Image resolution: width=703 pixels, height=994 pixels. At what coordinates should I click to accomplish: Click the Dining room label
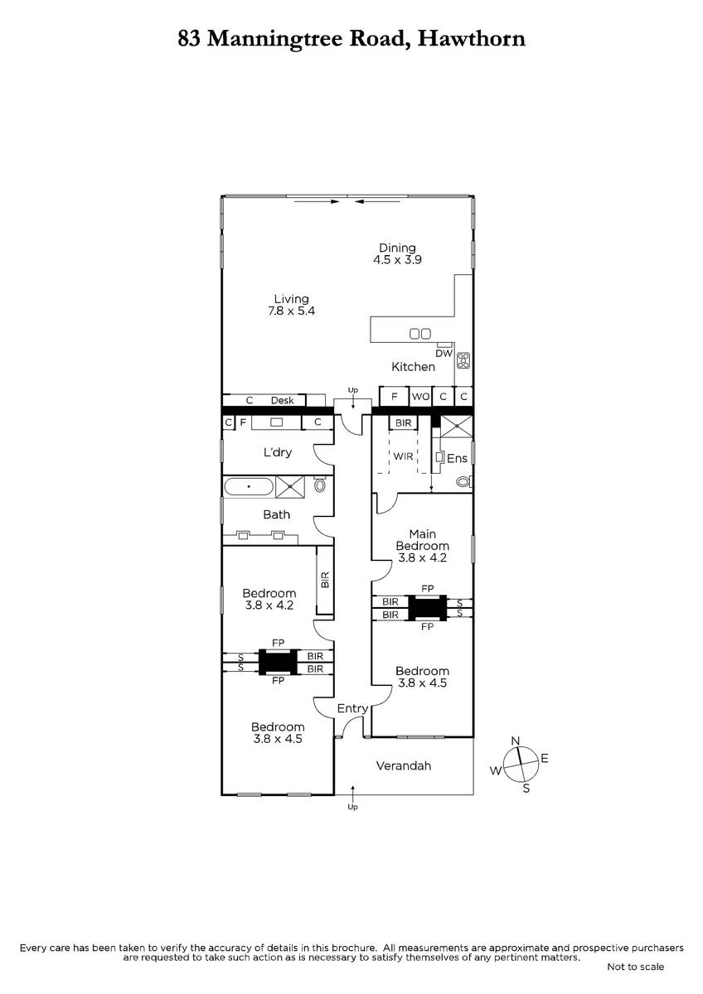[x=397, y=248]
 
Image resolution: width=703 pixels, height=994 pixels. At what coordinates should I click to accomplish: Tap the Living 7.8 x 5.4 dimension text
[x=291, y=311]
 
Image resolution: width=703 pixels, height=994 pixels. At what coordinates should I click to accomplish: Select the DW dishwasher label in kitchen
[x=444, y=353]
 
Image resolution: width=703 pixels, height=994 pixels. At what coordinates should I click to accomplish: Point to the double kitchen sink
[x=419, y=333]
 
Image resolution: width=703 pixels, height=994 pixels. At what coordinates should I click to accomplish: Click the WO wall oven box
[x=420, y=396]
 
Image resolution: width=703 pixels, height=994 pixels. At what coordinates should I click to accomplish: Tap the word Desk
[x=283, y=400]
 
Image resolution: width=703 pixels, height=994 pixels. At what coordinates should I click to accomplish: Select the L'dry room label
[x=278, y=452]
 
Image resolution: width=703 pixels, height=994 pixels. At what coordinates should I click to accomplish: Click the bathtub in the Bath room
[x=249, y=487]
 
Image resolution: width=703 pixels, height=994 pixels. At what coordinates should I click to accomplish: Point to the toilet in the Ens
[x=464, y=481]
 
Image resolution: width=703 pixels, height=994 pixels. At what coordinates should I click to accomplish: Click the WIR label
[x=403, y=456]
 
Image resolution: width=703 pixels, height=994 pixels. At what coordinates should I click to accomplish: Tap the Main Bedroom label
[x=422, y=539]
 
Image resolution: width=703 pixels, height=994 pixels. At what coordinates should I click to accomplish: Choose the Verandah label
[x=403, y=765]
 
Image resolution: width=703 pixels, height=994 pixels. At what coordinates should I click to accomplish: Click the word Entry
[x=352, y=708]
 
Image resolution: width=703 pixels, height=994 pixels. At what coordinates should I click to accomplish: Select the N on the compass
[x=515, y=741]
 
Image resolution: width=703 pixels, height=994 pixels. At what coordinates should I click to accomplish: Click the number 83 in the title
[x=189, y=39]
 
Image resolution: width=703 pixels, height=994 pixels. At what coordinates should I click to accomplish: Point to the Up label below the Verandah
[x=352, y=806]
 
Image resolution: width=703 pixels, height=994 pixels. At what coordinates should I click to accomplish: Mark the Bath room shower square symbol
[x=290, y=487]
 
